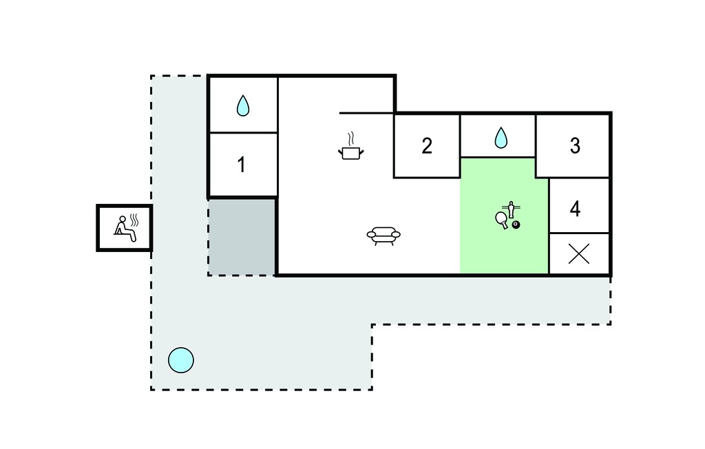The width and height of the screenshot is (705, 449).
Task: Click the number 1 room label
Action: pyautogui.click(x=242, y=165)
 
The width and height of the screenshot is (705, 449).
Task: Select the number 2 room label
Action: pyautogui.click(x=427, y=146)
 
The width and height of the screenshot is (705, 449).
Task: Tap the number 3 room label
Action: pyautogui.click(x=575, y=146)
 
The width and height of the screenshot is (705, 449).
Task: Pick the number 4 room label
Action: pyautogui.click(x=575, y=209)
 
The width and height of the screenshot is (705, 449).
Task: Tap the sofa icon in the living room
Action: pyautogui.click(x=383, y=236)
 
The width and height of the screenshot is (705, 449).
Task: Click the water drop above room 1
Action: pyautogui.click(x=243, y=105)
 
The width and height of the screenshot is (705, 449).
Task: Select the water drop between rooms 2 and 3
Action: pyautogui.click(x=501, y=138)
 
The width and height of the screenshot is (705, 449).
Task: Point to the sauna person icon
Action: pyautogui.click(x=124, y=229)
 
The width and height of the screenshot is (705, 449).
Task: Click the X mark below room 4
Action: pyautogui.click(x=579, y=254)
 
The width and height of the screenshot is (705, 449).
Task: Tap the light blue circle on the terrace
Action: pyautogui.click(x=181, y=360)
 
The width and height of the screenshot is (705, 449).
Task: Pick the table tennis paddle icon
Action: pyautogui.click(x=502, y=220)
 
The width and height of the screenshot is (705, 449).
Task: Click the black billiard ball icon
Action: pyautogui.click(x=516, y=224)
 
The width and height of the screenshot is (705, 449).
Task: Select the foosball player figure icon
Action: pyautogui.click(x=511, y=209)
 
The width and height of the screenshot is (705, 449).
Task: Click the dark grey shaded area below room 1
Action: pyautogui.click(x=242, y=237)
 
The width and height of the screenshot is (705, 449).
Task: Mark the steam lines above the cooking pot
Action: pyautogui.click(x=352, y=138)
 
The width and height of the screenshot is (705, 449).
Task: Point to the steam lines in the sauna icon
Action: pyautogui.click(x=134, y=220)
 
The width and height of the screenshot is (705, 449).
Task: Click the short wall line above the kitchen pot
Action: pyautogui.click(x=366, y=113)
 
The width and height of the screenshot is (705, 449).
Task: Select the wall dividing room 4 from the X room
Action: pyautogui.click(x=579, y=233)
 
